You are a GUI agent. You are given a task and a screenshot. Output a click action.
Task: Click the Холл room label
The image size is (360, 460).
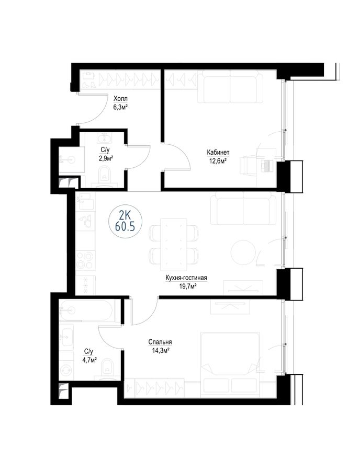tap(121, 99)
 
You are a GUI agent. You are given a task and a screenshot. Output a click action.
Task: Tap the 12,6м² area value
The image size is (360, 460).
tap(218, 161)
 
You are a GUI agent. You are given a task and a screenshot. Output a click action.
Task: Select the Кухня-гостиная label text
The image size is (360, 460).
tap(186, 278)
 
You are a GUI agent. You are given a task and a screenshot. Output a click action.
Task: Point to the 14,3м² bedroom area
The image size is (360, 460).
tap(160, 350)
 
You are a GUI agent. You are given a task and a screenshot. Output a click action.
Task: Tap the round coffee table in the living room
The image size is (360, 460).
tap(243, 252)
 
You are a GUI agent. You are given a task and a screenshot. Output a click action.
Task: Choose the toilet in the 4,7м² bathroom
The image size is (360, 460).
tap(107, 369)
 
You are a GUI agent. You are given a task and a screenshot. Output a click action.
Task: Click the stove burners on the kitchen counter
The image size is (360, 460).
tap(85, 260)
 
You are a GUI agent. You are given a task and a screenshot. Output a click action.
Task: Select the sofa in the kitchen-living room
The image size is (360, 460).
tap(243, 208)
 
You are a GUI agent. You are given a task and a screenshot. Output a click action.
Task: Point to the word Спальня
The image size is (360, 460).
tap(160, 342)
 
